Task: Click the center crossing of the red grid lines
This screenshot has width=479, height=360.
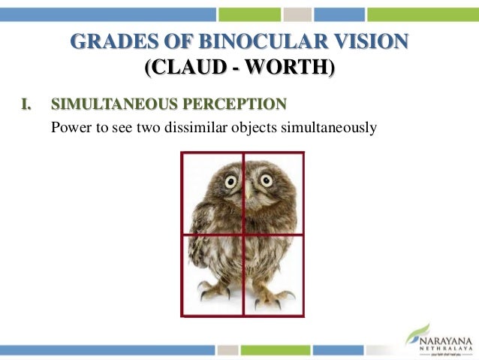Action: pyautogui.click(x=243, y=234)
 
